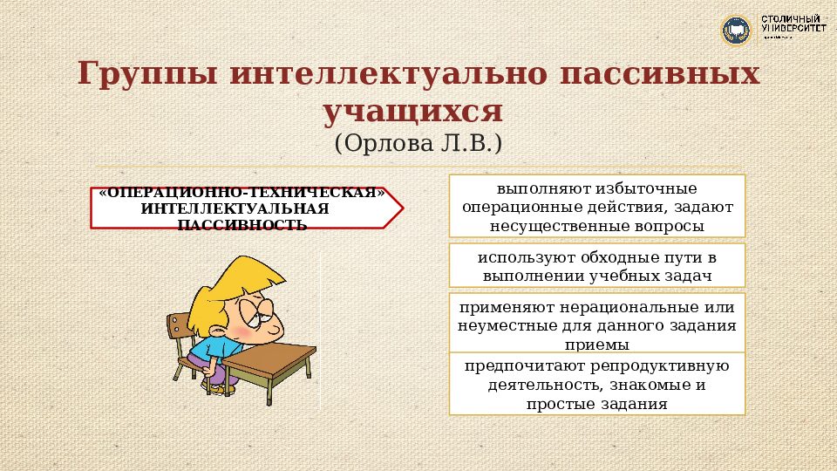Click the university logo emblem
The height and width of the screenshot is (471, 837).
click(x=736, y=31)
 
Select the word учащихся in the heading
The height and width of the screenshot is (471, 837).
click(x=414, y=112)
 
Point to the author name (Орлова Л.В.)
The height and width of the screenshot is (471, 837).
click(x=418, y=143)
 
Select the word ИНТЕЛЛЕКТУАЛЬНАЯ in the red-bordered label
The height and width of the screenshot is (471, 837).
click(x=235, y=209)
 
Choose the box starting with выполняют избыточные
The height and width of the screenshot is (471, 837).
click(x=597, y=206)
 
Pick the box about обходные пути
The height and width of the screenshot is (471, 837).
click(x=597, y=265)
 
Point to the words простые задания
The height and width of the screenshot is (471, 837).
click(x=597, y=405)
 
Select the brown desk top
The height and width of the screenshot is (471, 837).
click(x=270, y=358)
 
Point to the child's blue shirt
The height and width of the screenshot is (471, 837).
click(x=204, y=350)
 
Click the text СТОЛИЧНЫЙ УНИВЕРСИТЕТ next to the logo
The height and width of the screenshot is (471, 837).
click(x=793, y=24)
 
